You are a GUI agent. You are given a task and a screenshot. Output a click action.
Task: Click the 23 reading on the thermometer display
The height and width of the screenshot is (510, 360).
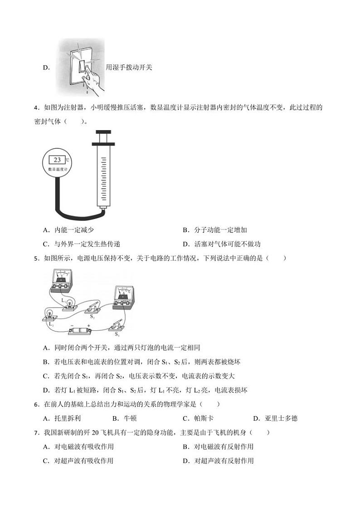tap(58, 160)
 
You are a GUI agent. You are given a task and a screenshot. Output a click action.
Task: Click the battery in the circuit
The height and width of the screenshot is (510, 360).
tap(80, 332)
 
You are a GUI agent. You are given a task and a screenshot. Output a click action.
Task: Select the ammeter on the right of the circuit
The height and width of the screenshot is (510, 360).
tap(122, 295)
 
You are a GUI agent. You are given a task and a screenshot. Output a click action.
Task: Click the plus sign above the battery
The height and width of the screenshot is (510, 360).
tap(88, 325)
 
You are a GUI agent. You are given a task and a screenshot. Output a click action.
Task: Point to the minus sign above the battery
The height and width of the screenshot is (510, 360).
tap(71, 325)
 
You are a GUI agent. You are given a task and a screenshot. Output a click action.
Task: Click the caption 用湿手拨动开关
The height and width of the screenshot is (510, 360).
tap(129, 67)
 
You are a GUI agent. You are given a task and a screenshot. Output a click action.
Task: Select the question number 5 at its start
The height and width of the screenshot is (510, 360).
tap(36, 259)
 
